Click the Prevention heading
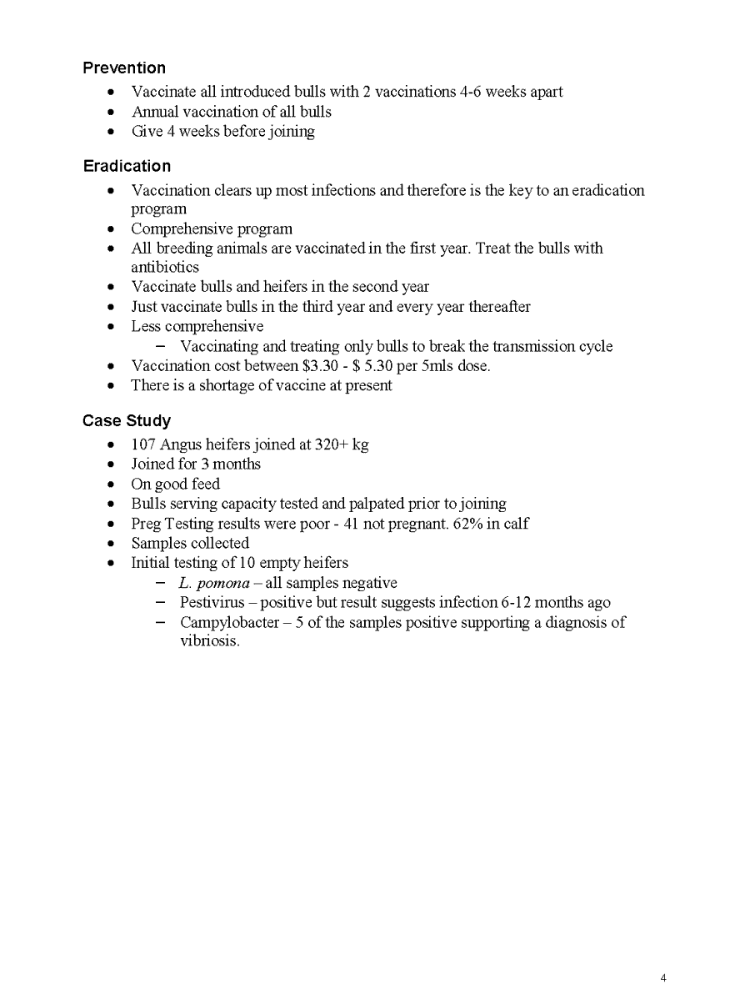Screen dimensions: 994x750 click(124, 68)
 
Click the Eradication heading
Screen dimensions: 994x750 click(127, 166)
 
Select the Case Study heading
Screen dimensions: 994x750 click(127, 420)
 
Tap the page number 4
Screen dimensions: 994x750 click(662, 978)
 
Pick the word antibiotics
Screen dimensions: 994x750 click(165, 268)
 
